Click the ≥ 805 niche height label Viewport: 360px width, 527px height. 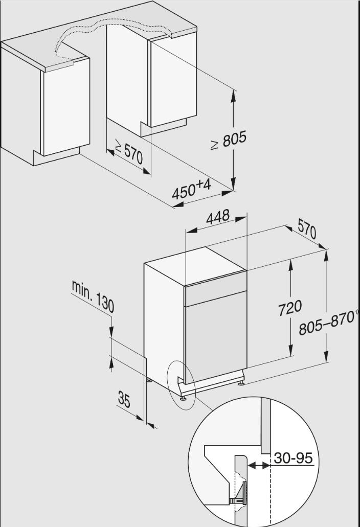[229, 140]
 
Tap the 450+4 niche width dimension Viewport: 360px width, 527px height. [191, 189]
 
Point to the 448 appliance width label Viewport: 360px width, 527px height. [218, 217]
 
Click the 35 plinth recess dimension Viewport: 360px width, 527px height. [124, 399]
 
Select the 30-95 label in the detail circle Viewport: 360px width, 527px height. [293, 458]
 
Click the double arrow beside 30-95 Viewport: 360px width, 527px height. [259, 466]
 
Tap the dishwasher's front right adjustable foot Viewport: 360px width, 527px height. [241, 382]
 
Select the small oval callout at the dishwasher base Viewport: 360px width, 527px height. [181, 385]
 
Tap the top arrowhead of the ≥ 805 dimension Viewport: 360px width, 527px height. [233, 95]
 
